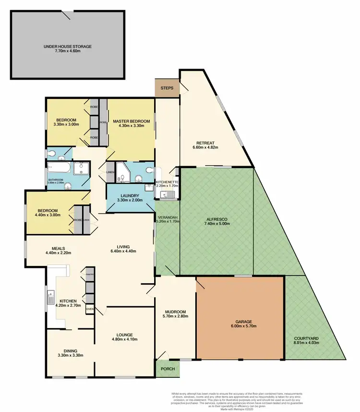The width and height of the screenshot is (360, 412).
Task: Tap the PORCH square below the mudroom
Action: tap(168, 369)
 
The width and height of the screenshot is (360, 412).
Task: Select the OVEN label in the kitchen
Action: tap(90, 309)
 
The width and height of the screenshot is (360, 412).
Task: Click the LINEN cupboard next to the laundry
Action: tap(110, 172)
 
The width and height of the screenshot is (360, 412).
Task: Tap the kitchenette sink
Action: tap(168, 194)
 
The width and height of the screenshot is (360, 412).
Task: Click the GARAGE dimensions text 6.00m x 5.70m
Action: tap(240, 327)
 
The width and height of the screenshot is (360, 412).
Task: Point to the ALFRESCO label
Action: tap(216, 219)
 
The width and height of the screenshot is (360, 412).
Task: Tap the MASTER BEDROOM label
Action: tap(132, 121)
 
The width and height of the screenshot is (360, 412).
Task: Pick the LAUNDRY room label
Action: tap(130, 196)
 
